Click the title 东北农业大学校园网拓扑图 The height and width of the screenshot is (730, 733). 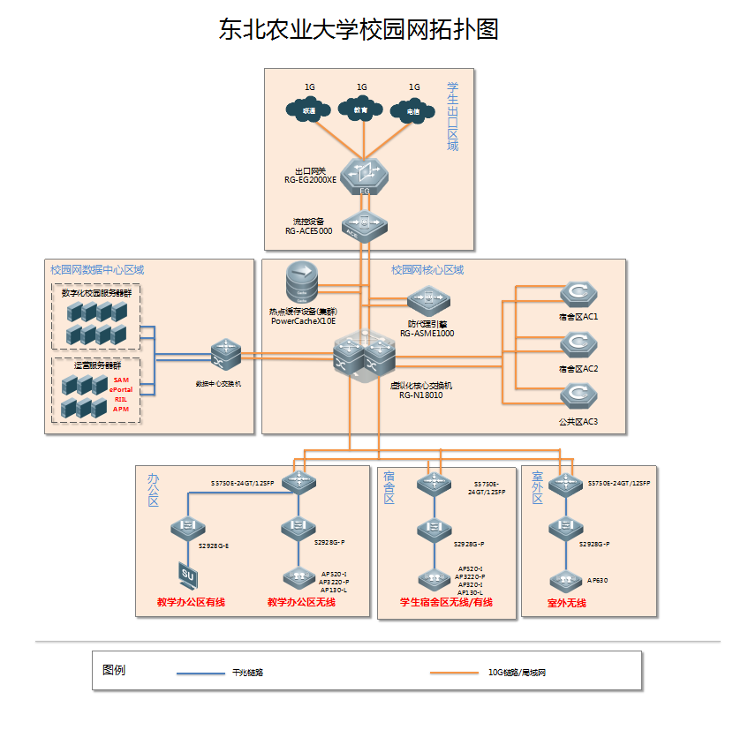pos(359,30)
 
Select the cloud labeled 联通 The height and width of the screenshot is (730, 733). pos(309,110)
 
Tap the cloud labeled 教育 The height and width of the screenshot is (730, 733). pos(361,110)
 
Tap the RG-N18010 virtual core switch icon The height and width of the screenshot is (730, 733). pos(364,357)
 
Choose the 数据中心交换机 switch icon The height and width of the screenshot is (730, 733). pos(224,356)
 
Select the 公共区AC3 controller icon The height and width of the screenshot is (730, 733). pos(578,398)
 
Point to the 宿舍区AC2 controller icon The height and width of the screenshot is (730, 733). pos(578,344)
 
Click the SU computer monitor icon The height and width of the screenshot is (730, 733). pos(187,575)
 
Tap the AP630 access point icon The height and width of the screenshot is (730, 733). pos(564,580)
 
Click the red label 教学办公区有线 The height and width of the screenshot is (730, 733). pos(191,603)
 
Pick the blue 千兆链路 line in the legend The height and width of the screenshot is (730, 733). pos(200,674)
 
